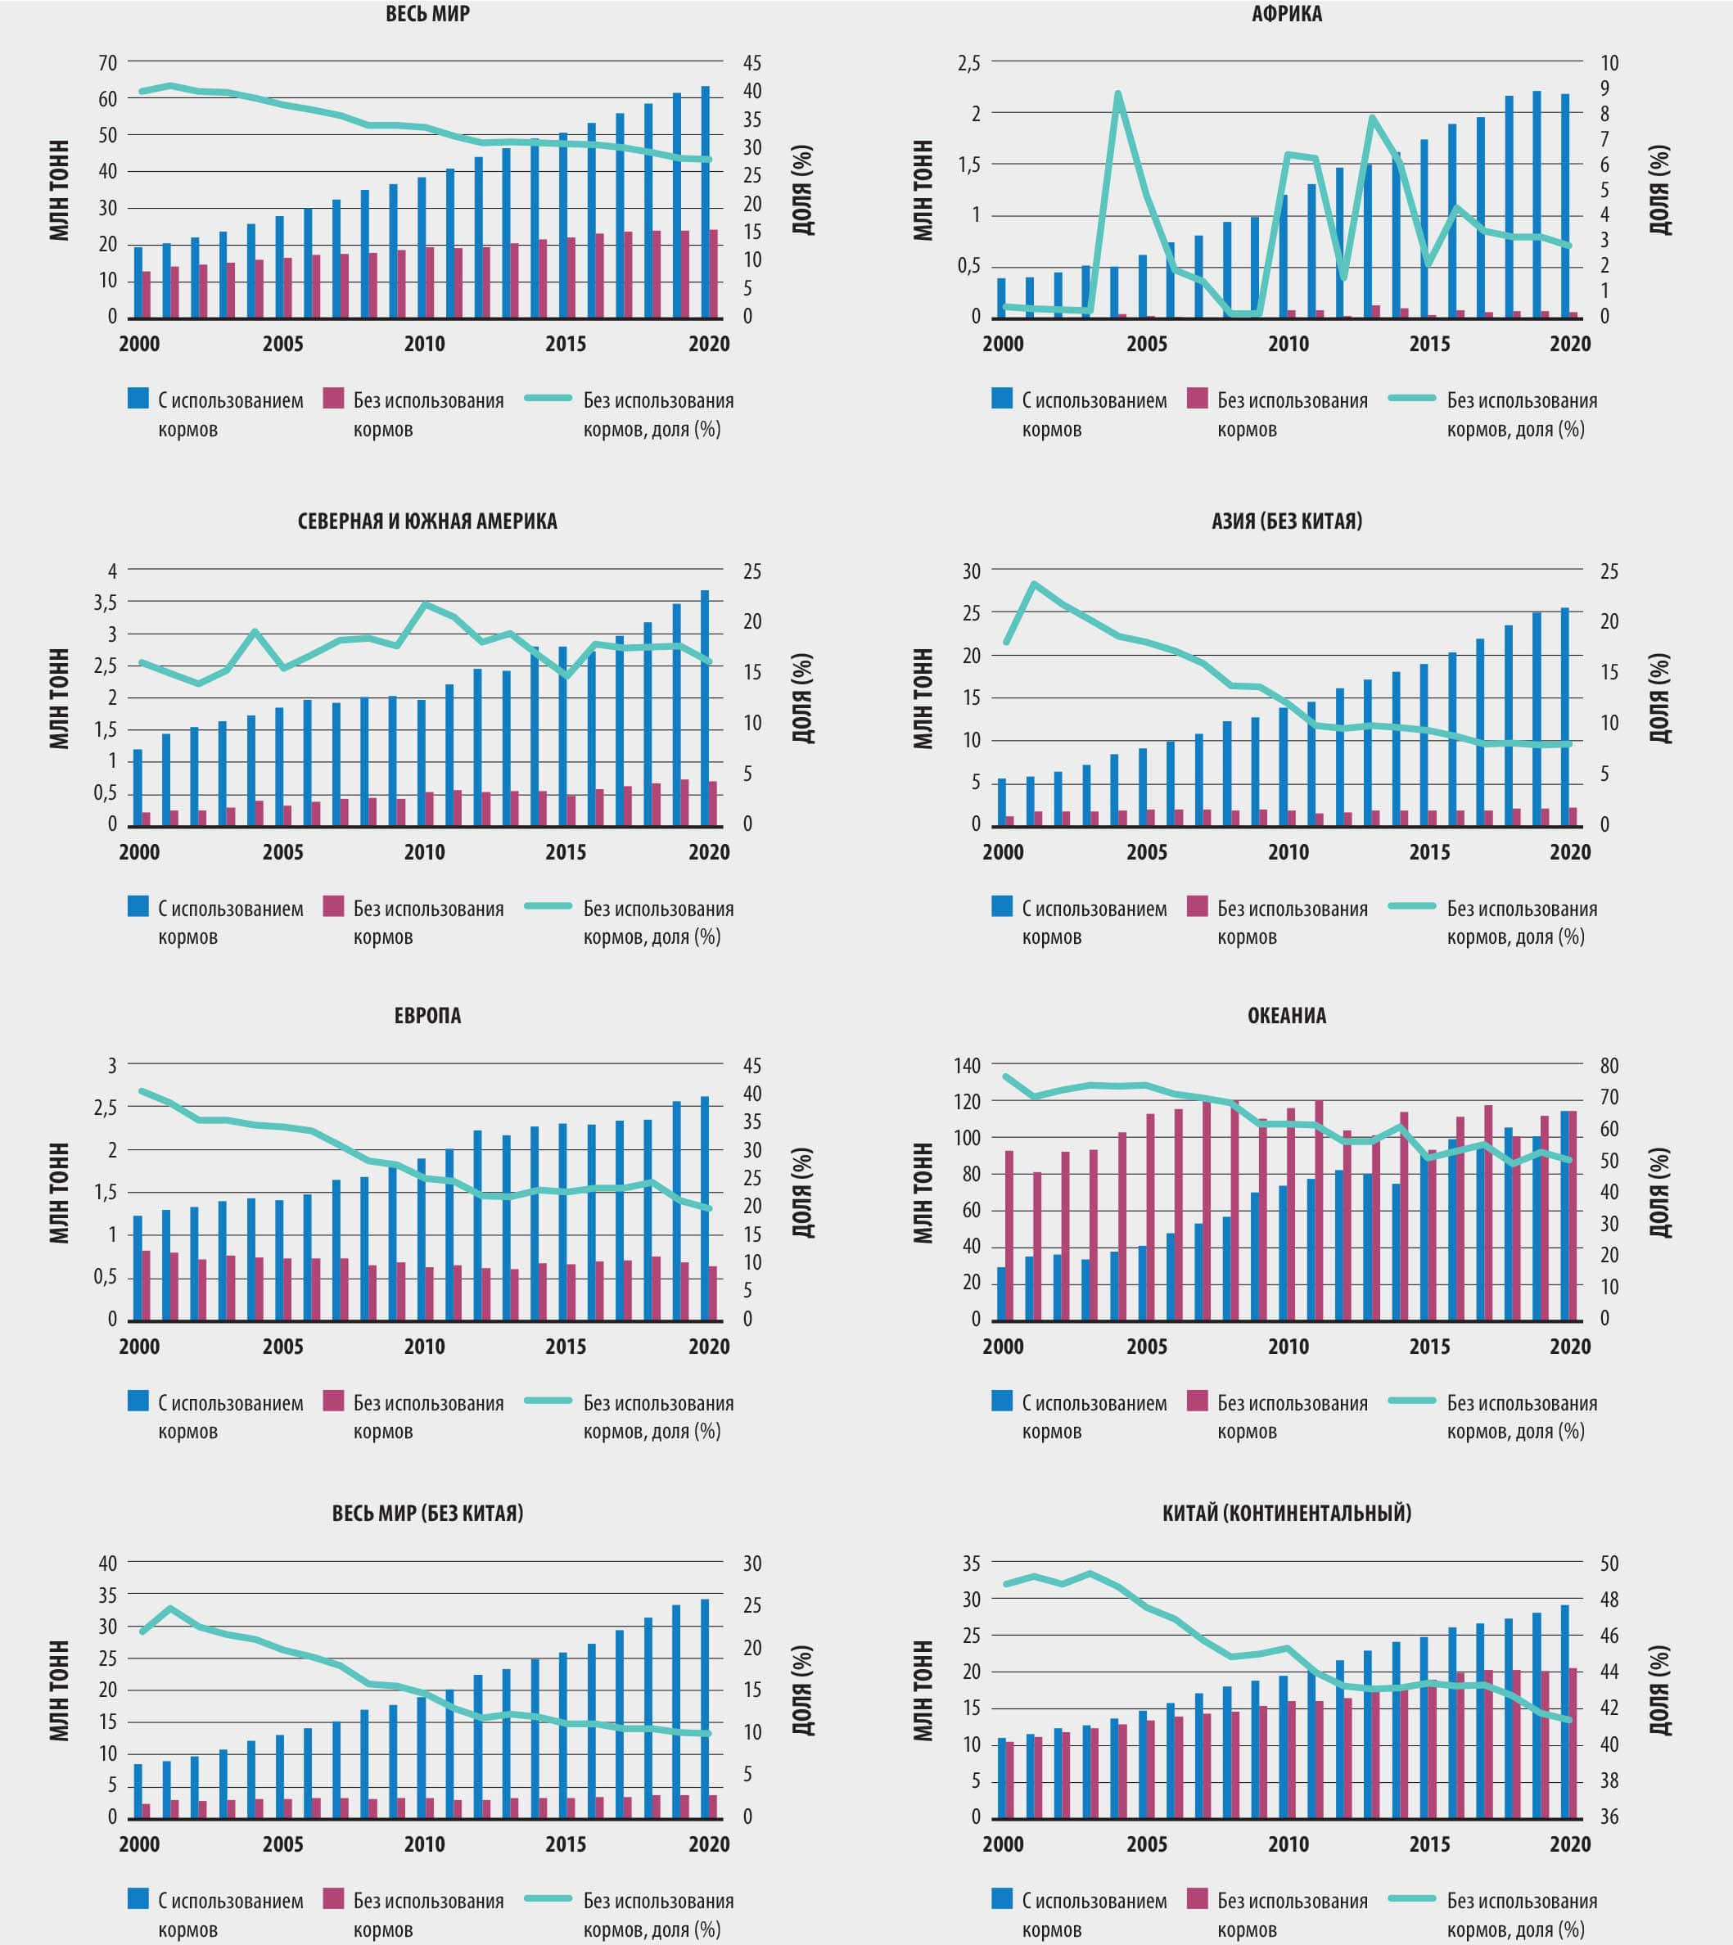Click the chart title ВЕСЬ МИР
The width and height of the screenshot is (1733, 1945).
tap(427, 14)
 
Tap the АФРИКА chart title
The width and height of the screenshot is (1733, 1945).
tap(1286, 14)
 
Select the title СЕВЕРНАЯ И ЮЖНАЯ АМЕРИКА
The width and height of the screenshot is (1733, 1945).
tap(427, 521)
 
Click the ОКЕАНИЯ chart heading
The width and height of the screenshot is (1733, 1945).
tap(1286, 1016)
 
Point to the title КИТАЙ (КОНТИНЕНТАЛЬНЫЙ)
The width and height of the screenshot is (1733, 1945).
tap(1286, 1513)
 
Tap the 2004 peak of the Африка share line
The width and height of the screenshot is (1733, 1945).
tap(1118, 93)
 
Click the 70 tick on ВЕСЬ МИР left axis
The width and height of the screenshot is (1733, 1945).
tap(107, 63)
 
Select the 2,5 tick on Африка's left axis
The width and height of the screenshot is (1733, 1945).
tap(968, 63)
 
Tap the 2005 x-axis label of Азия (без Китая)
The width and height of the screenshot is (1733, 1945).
tap(1146, 852)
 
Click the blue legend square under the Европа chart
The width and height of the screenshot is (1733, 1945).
tap(138, 1401)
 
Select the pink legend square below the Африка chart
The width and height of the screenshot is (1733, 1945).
tap(1198, 398)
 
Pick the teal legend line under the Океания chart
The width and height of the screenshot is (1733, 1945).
tap(1411, 1401)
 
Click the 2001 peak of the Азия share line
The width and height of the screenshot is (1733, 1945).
tap(1034, 584)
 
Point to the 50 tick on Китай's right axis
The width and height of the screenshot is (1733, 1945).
tap(1609, 1564)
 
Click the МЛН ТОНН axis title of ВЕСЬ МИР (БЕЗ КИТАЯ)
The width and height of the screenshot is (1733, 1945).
tap(59, 1690)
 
